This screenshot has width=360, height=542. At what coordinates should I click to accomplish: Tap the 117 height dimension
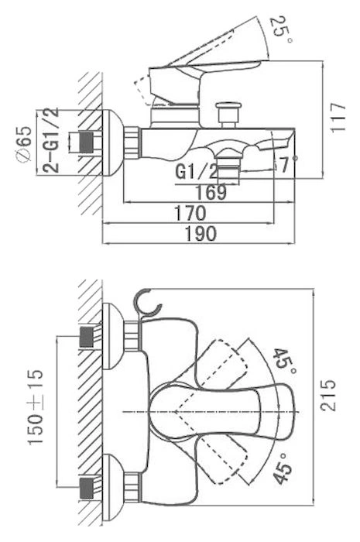click(x=337, y=117)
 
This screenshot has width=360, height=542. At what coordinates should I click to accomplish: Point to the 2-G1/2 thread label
click(x=50, y=140)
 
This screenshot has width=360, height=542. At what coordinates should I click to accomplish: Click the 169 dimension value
click(x=211, y=192)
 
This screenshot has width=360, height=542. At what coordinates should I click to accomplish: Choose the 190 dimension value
click(x=201, y=234)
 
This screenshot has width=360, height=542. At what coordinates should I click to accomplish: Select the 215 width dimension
click(x=327, y=395)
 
